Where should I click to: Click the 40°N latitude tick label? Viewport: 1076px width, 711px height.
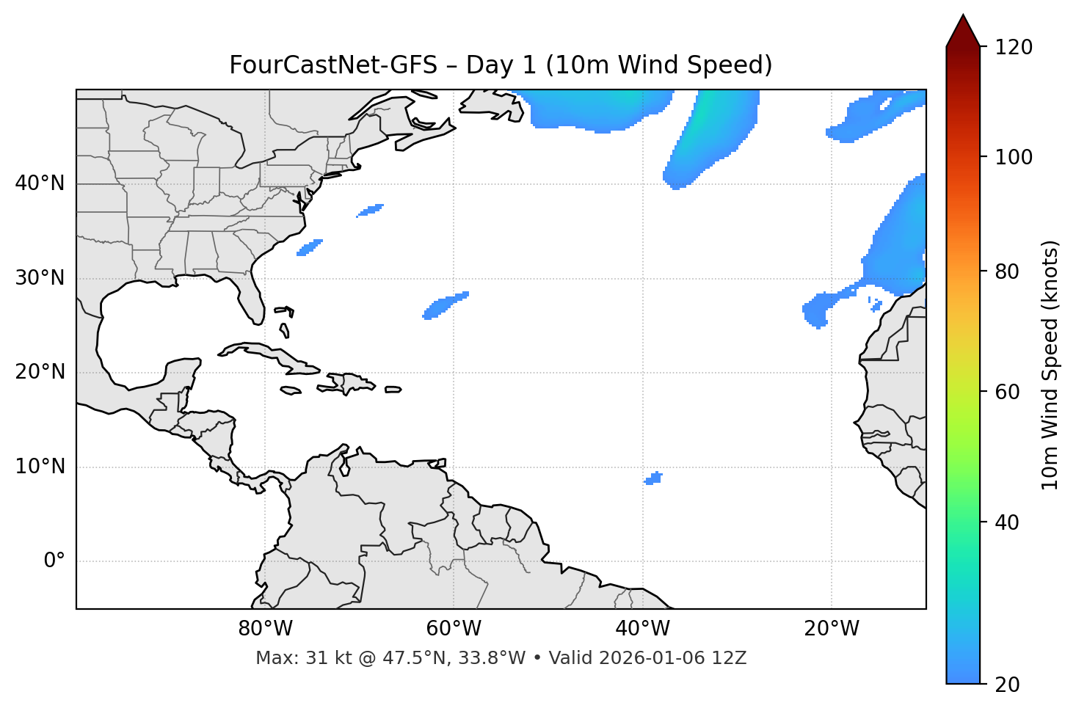pyautogui.click(x=40, y=183)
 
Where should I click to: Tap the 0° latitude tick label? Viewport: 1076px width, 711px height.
pyautogui.click(x=54, y=561)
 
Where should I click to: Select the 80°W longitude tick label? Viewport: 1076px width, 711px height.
pyautogui.click(x=265, y=629)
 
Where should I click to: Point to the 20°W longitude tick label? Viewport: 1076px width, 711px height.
pyautogui.click(x=832, y=629)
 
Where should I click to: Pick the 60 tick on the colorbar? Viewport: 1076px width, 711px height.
pyautogui.click(x=1011, y=392)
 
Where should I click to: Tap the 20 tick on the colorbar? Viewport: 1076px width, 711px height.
pyautogui.click(x=1011, y=685)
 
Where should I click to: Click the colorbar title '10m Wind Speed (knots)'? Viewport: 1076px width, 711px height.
pyautogui.click(x=1050, y=365)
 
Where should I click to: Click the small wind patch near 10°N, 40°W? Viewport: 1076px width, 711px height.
pyautogui.click(x=653, y=478)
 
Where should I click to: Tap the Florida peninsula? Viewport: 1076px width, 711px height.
pyautogui.click(x=252, y=297)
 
